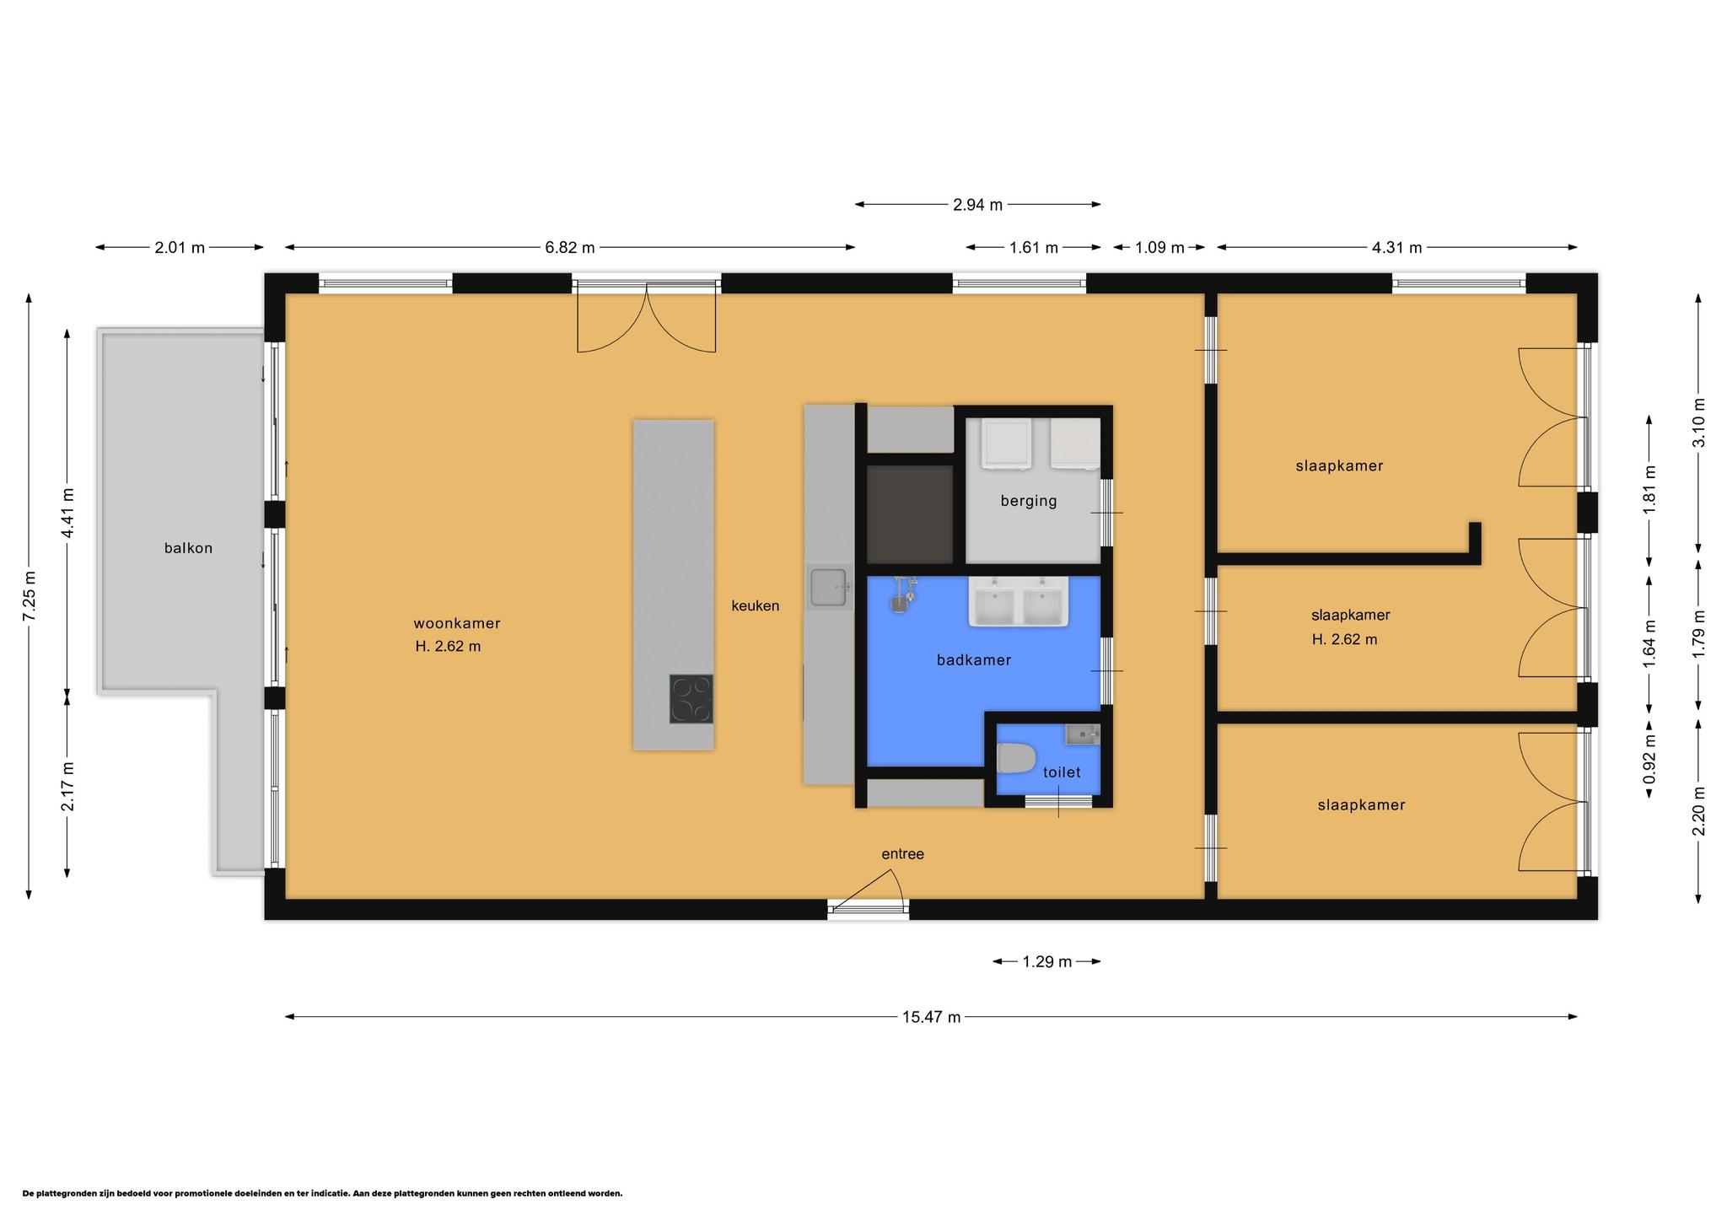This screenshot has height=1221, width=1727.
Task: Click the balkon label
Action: click(188, 548)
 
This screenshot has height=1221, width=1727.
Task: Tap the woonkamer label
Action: click(457, 624)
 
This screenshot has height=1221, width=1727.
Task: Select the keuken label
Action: click(756, 605)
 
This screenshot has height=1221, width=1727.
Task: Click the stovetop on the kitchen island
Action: click(691, 699)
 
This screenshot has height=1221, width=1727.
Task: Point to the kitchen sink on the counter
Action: click(828, 588)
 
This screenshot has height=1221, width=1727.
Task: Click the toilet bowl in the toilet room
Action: click(1015, 758)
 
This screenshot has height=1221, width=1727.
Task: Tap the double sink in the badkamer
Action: click(1019, 602)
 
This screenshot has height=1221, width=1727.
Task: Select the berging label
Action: click(1029, 501)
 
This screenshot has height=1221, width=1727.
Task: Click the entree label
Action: click(903, 854)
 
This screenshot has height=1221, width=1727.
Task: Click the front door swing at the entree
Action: click(869, 888)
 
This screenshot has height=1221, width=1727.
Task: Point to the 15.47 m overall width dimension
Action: click(931, 1017)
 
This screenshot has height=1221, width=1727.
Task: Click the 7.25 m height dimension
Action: click(29, 596)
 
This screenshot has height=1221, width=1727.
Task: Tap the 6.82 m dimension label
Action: click(570, 248)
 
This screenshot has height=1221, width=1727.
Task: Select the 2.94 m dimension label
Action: click(978, 205)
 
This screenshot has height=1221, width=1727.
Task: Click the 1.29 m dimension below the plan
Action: click(1047, 961)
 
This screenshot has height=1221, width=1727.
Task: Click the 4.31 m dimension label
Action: click(1397, 248)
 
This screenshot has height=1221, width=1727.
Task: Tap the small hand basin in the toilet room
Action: click(1083, 734)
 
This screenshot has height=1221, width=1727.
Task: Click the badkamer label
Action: click(974, 660)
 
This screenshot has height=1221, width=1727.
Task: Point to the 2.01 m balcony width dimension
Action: click(180, 248)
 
